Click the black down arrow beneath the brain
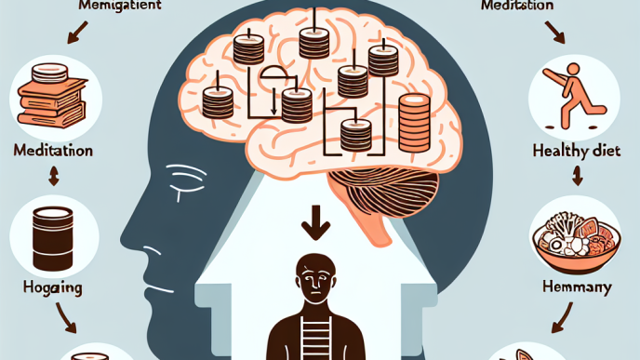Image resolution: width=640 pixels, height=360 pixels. (320, 223)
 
